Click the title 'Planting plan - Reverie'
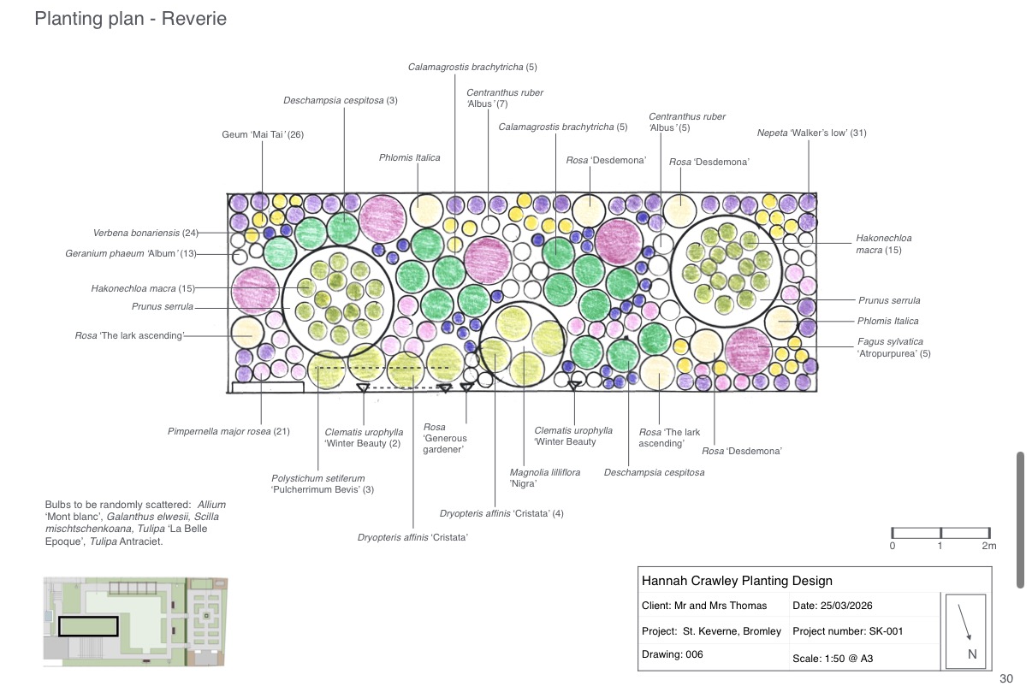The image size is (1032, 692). coord(130,19)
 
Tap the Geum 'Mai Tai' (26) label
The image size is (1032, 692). coord(263,134)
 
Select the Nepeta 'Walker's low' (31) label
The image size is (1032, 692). coord(811,133)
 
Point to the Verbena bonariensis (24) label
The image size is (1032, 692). coord(145,233)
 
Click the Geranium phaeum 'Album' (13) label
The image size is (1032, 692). coord(130,254)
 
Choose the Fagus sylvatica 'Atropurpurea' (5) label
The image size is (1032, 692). coord(893,347)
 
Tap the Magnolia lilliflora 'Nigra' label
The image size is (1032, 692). coord(544,478)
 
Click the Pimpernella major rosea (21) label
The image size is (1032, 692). coord(228,432)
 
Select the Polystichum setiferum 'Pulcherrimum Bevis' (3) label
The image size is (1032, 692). coord(323,484)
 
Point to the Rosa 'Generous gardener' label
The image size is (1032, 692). coord(445,438)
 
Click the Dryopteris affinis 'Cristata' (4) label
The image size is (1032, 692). coord(501,513)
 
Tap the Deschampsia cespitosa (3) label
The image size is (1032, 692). coord(341,100)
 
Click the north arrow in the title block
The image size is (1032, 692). coord(964,622)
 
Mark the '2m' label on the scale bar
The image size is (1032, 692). coord(988,546)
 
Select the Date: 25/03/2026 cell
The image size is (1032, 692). coord(833,606)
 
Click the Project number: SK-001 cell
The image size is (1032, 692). coord(848,631)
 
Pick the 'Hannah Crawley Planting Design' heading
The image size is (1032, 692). coord(737,581)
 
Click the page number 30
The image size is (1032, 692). coord(1006,678)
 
